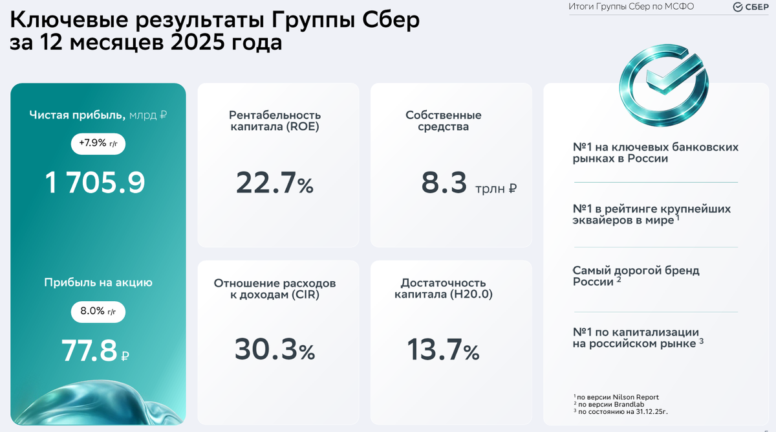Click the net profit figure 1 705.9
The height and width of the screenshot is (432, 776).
95,183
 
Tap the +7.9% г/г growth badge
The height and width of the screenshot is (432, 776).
98,143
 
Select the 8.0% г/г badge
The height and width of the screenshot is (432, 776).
98,312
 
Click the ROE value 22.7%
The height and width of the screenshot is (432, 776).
274,183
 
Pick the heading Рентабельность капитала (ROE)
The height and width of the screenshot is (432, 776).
275,121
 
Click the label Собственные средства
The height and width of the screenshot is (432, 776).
444,121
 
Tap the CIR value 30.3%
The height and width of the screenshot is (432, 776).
274,350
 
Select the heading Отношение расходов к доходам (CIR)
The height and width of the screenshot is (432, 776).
275,290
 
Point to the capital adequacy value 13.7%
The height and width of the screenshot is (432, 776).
443,350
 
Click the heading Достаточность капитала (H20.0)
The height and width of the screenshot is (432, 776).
443,289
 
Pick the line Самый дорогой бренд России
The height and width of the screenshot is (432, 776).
636,276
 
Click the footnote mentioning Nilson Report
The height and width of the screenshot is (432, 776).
616,397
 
